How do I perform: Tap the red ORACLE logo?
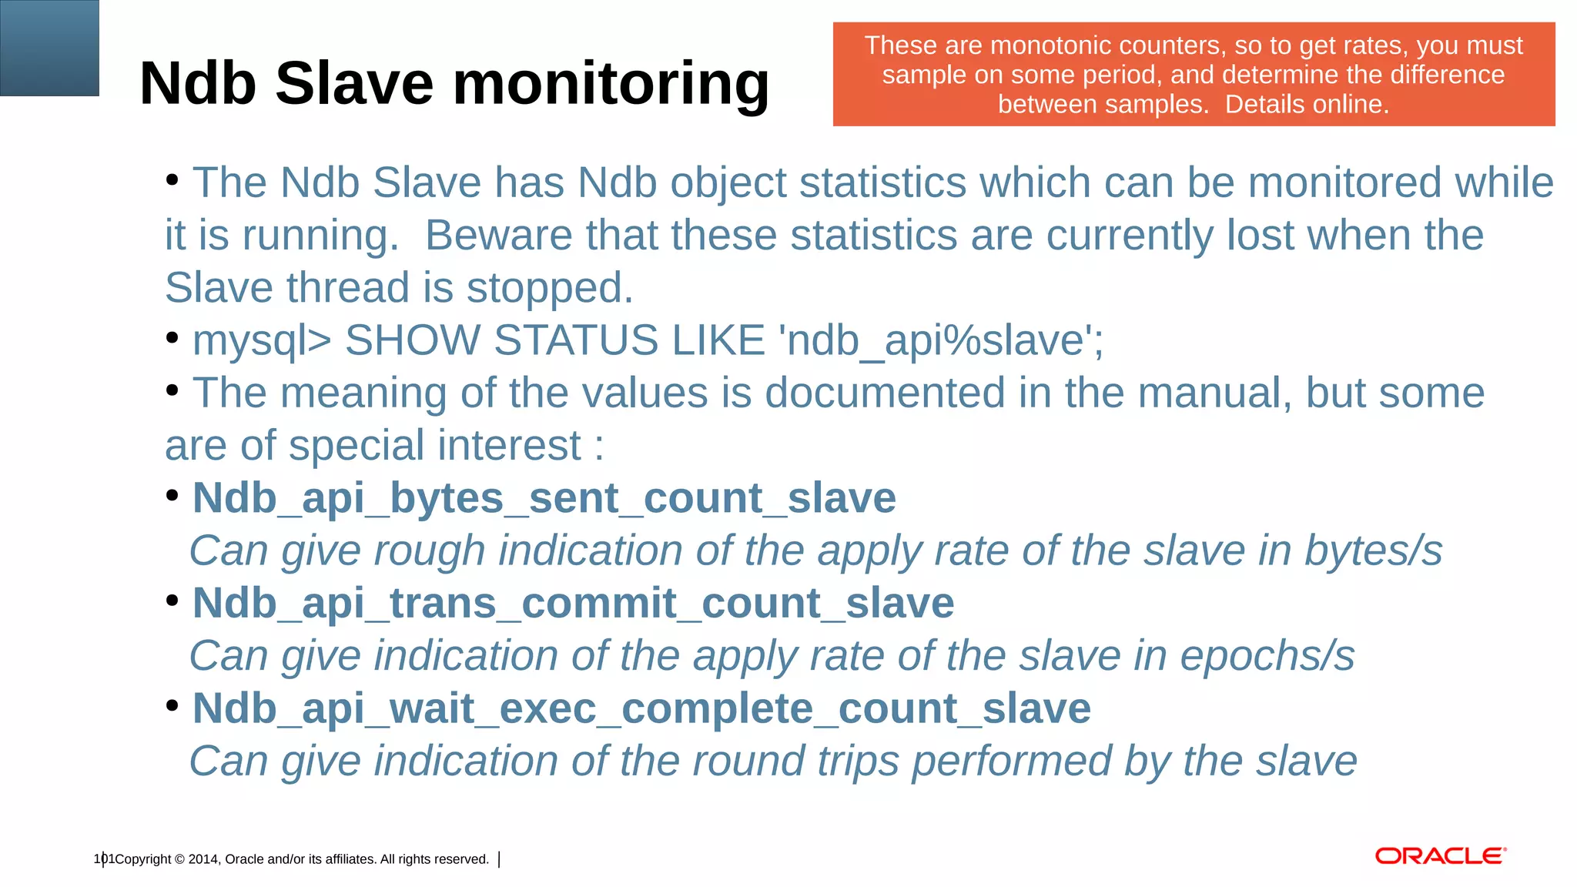click(1440, 856)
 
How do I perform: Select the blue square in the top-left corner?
click(49, 48)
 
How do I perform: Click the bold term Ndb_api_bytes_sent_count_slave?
click(544, 498)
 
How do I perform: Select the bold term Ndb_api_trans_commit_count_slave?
click(573, 603)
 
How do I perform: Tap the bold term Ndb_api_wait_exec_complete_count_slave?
click(641, 708)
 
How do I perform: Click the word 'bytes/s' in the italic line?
click(1373, 551)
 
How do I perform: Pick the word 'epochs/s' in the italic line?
click(1267, 656)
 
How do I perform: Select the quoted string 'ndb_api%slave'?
click(941, 340)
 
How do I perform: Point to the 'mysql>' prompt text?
click(261, 340)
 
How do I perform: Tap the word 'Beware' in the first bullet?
click(498, 235)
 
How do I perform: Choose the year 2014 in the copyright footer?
click(203, 859)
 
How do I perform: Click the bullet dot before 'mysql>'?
click(172, 337)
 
